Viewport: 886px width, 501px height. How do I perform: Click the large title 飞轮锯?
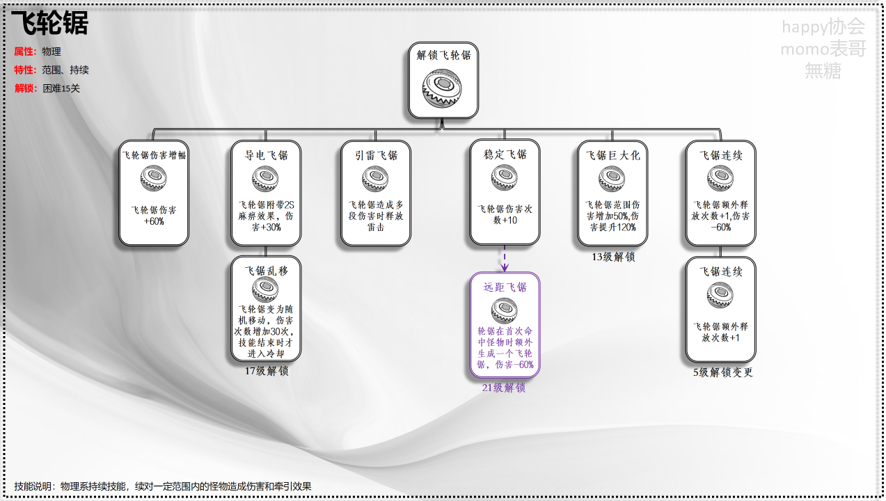point(49,24)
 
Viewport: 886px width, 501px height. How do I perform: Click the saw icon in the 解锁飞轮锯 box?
point(443,90)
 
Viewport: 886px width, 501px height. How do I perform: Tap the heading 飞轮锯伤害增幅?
point(154,155)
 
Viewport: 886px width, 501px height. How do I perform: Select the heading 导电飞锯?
point(266,155)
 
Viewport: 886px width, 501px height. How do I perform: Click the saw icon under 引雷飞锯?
point(375,180)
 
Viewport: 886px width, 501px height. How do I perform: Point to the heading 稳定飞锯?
point(505,154)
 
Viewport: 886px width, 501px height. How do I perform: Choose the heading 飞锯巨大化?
point(612,155)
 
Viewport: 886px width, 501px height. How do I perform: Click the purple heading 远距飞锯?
point(505,287)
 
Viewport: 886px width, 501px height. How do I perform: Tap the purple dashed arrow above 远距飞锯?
point(505,259)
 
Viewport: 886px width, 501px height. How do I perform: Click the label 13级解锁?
point(613,257)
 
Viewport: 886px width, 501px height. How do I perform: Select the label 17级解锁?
point(266,371)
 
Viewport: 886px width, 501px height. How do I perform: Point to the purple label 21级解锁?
point(504,388)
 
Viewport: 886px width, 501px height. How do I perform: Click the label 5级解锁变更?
point(722,372)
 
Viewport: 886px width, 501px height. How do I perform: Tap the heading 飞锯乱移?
point(266,271)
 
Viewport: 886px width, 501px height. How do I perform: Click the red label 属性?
point(25,51)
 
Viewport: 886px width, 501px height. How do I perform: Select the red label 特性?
point(25,70)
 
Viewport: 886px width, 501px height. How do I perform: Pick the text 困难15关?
point(61,88)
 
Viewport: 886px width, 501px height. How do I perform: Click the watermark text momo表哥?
point(823,49)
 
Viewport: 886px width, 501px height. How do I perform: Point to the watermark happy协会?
point(823,27)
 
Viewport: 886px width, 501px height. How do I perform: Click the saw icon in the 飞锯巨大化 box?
point(612,179)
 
